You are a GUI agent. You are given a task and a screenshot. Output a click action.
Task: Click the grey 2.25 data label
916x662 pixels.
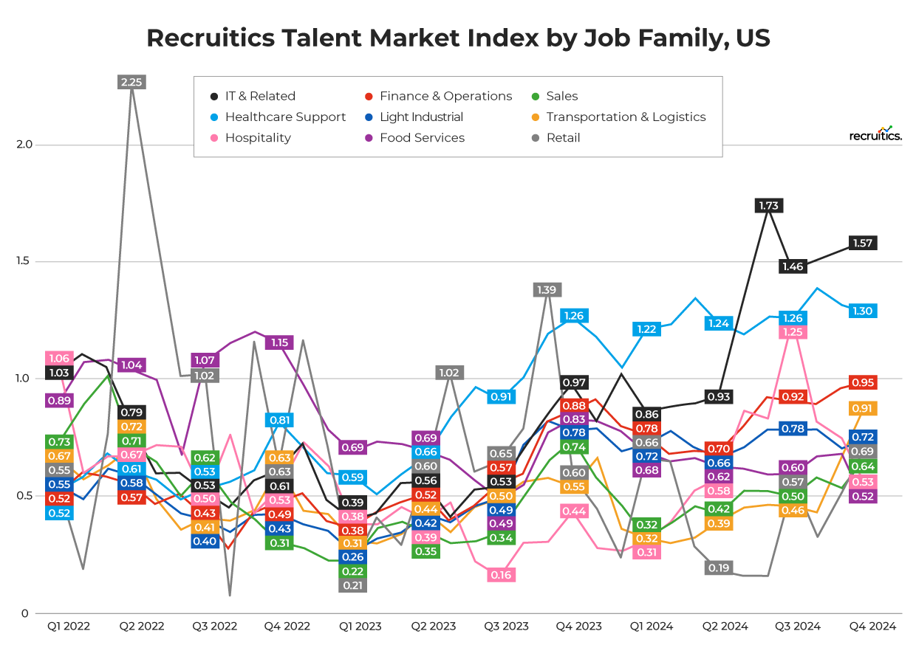pos(131,82)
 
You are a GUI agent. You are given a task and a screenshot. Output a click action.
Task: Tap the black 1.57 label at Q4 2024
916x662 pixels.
pos(863,243)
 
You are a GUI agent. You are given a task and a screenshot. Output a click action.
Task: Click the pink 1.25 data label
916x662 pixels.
pos(793,332)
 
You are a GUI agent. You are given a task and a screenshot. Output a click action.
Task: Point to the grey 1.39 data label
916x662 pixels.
pos(547,289)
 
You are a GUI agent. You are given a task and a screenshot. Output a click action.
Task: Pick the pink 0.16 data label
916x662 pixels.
pos(501,575)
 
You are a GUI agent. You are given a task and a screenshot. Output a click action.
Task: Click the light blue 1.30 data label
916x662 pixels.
pos(863,311)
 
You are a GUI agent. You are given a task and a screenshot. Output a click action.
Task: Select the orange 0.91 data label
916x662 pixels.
pos(863,408)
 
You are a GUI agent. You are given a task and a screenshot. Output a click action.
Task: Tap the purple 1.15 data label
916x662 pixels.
pos(279,342)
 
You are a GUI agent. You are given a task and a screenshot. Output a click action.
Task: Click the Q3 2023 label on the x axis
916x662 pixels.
pos(506,627)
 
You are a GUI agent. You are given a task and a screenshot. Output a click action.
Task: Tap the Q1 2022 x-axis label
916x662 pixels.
pos(69,627)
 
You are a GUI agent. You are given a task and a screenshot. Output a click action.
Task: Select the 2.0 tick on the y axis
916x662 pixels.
pos(24,145)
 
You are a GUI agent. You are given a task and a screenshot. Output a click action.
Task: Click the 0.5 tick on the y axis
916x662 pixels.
pos(24,496)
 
